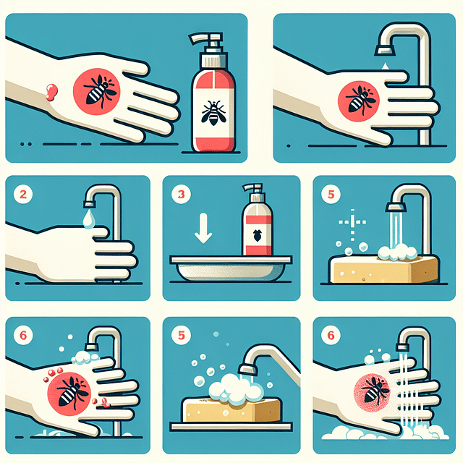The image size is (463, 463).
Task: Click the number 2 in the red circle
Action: coord(23,195)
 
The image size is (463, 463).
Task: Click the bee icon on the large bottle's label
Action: coord(213,111)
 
